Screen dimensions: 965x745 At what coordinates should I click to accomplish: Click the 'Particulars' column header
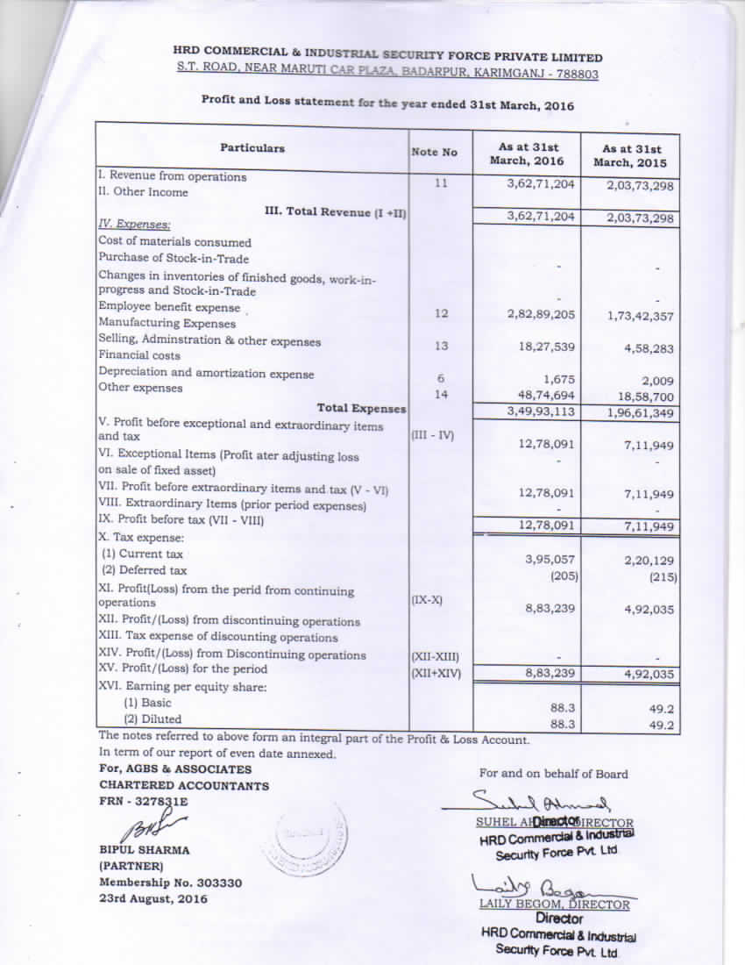pos(252,149)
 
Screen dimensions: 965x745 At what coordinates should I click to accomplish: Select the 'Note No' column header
pos(435,153)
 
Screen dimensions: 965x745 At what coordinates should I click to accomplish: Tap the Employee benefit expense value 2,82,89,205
pos(541,313)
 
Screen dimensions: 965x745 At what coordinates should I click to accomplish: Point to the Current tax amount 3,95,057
pos(550,559)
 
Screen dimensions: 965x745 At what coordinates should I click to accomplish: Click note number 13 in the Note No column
pos(441,347)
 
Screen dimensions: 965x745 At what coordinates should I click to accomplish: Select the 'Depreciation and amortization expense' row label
pos(206,374)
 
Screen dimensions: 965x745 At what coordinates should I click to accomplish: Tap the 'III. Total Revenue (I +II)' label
pos(335,212)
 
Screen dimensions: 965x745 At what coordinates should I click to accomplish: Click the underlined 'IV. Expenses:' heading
pos(134,225)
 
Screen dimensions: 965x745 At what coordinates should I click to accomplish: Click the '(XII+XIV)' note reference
pos(436,674)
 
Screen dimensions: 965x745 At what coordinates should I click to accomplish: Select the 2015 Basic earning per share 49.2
pos(661,709)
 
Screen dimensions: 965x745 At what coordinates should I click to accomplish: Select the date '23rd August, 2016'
pos(153,899)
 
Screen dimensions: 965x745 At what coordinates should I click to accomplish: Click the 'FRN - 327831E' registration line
pos(143,802)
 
